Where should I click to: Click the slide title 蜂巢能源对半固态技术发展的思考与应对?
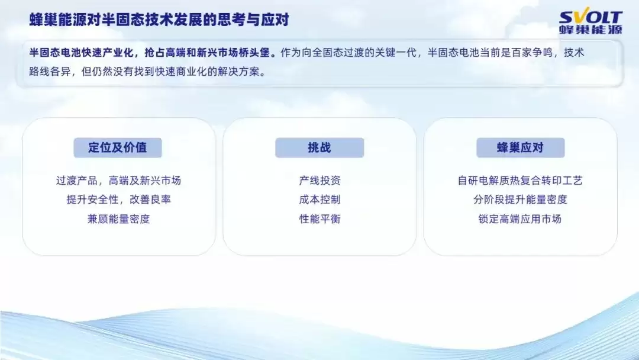coord(159,20)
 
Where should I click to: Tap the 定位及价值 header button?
coord(118,148)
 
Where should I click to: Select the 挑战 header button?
coord(319,148)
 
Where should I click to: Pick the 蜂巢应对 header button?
coord(520,148)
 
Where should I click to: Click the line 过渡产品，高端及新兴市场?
coord(118,181)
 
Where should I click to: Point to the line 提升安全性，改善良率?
coord(118,200)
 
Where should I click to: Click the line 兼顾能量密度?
coord(118,219)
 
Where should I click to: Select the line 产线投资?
coord(319,181)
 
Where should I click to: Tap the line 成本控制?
coord(319,200)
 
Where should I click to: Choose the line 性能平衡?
coord(319,219)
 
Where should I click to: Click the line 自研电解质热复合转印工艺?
coord(520,181)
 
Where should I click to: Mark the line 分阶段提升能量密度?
coord(520,200)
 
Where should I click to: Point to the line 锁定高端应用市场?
coord(520,219)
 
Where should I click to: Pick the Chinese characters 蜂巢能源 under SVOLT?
coord(590,30)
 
